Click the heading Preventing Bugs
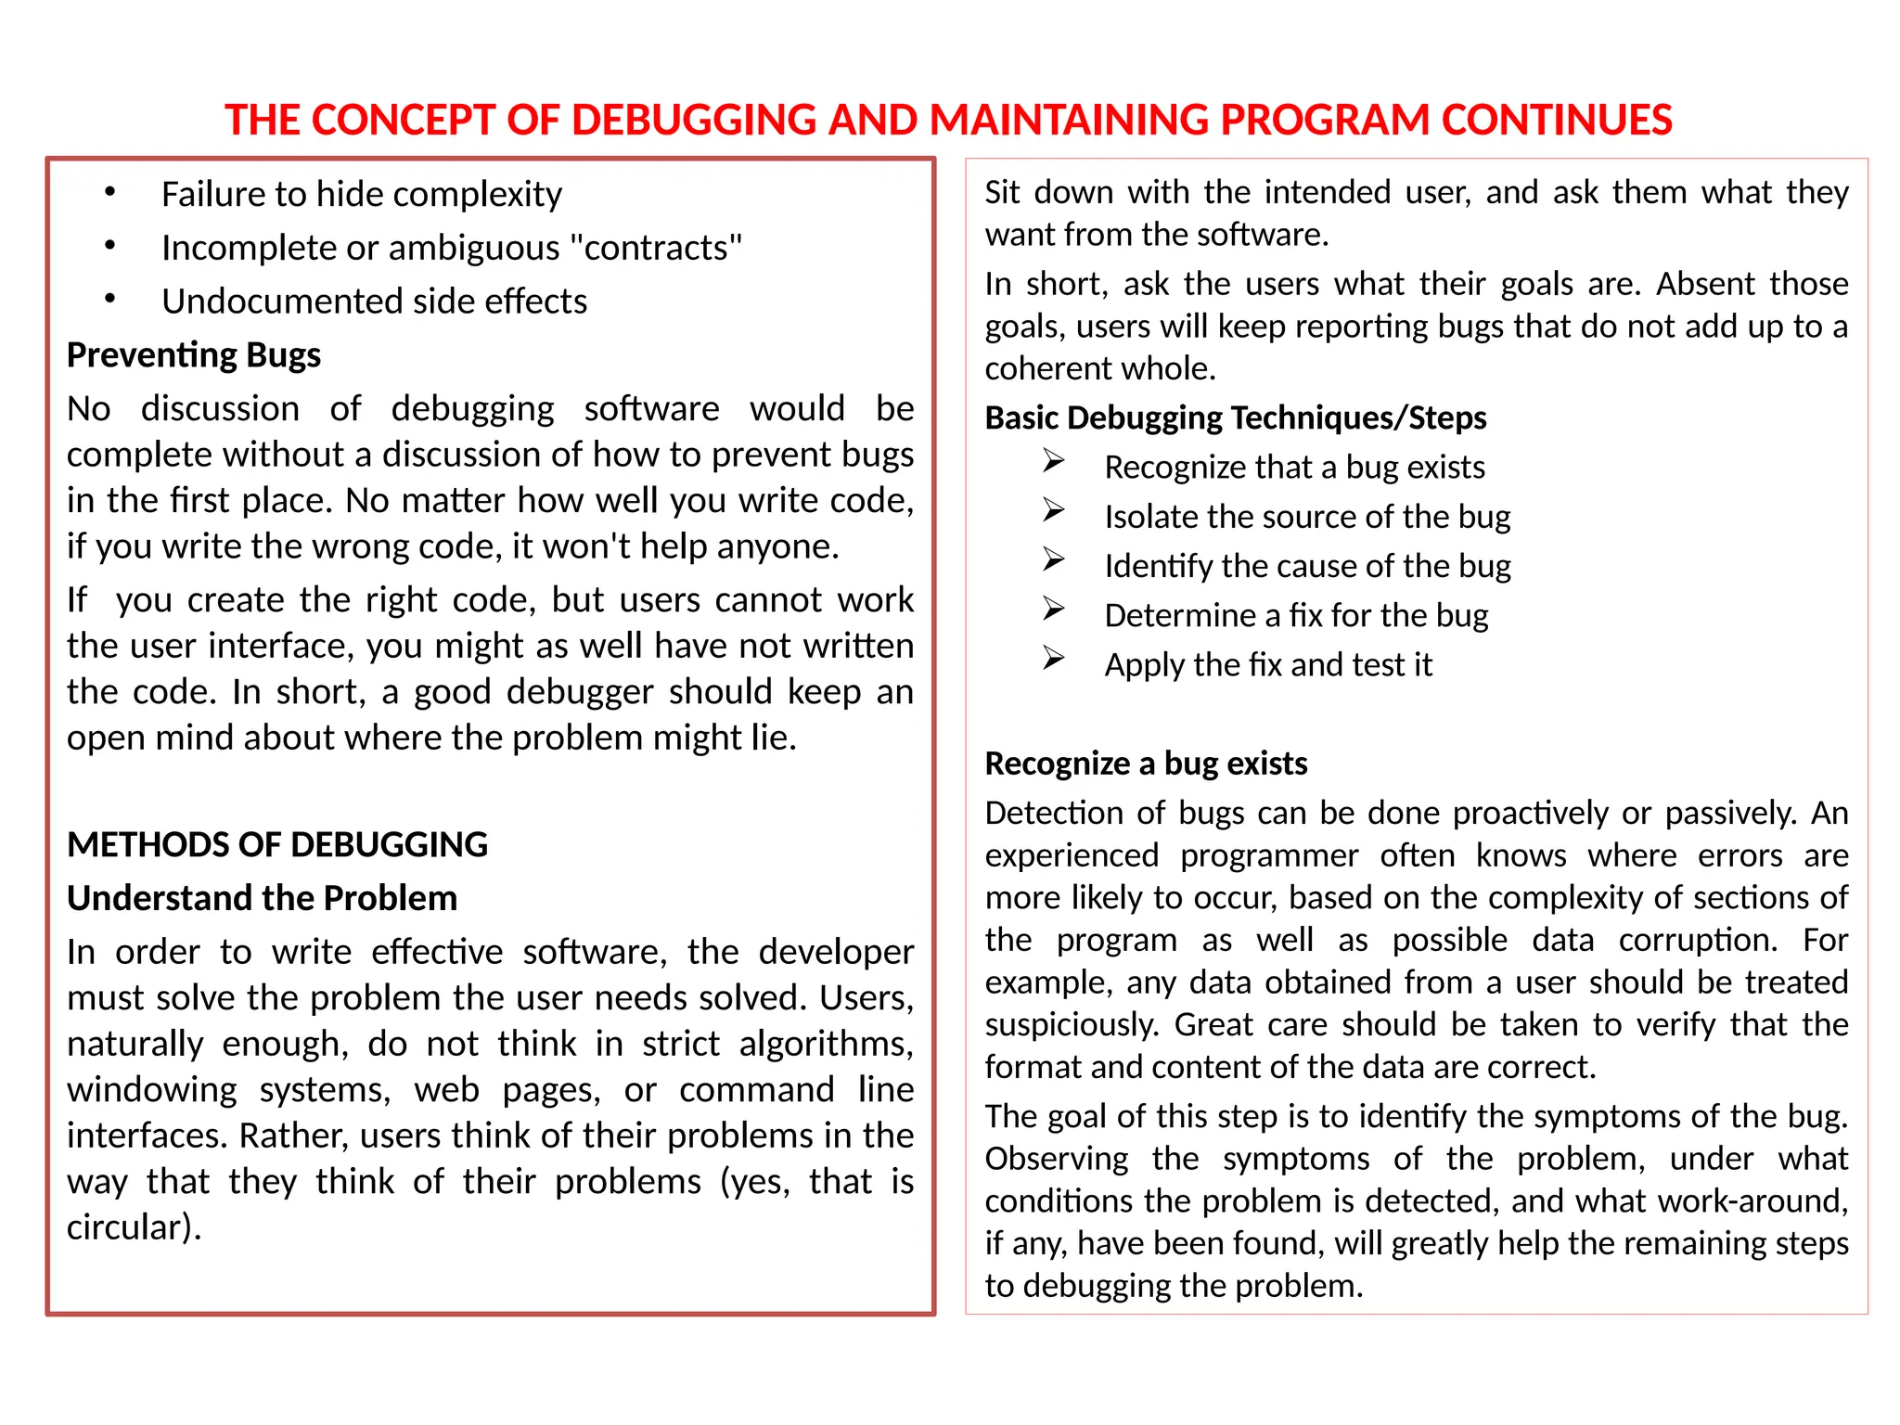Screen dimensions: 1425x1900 [x=193, y=355]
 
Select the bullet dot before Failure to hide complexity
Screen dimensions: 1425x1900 [x=110, y=193]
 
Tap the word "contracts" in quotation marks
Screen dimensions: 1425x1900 [x=656, y=249]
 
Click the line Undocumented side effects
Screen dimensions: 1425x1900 [x=374, y=302]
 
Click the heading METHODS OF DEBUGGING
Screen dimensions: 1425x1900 [x=276, y=845]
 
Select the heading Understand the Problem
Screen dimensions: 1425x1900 [x=262, y=898]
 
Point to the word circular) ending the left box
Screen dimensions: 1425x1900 [x=134, y=1227]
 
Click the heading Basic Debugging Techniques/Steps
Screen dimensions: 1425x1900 [x=1235, y=418]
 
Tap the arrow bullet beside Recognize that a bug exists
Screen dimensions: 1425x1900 [x=1053, y=461]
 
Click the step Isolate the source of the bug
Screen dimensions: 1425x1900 [x=1306, y=517]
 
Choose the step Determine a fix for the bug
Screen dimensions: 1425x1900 [x=1295, y=616]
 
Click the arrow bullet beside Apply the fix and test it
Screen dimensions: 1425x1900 [x=1053, y=659]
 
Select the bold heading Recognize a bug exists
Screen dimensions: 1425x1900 [x=1145, y=764]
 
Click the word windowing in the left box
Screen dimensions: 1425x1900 [x=152, y=1090]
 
